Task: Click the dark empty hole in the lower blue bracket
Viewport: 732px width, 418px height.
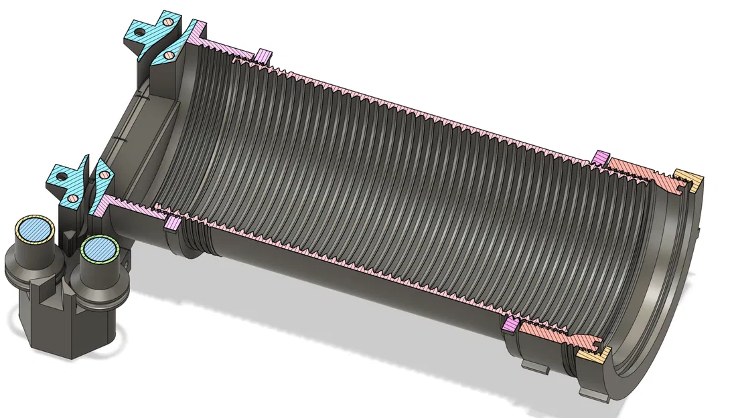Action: (x=60, y=177)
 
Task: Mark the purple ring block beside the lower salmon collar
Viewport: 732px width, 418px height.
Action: (x=510, y=324)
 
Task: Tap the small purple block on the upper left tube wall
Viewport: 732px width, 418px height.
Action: (x=265, y=56)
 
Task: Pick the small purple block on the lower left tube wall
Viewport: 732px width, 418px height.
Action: (x=171, y=222)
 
